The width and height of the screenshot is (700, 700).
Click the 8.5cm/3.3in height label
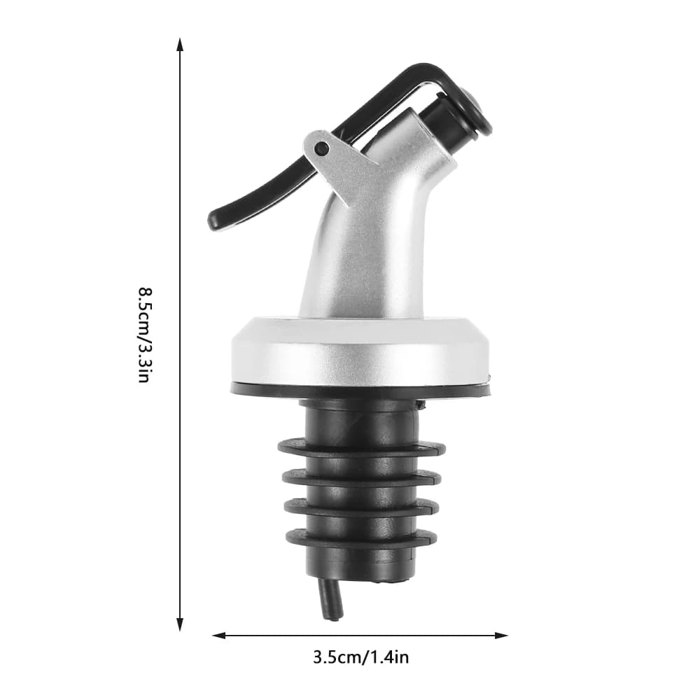click(145, 335)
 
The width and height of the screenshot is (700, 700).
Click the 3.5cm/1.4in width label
click(360, 657)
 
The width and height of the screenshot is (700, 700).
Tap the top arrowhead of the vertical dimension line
click(180, 45)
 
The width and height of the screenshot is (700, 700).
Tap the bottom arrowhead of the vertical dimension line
click(180, 624)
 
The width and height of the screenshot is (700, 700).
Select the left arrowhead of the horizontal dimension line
click(218, 636)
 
